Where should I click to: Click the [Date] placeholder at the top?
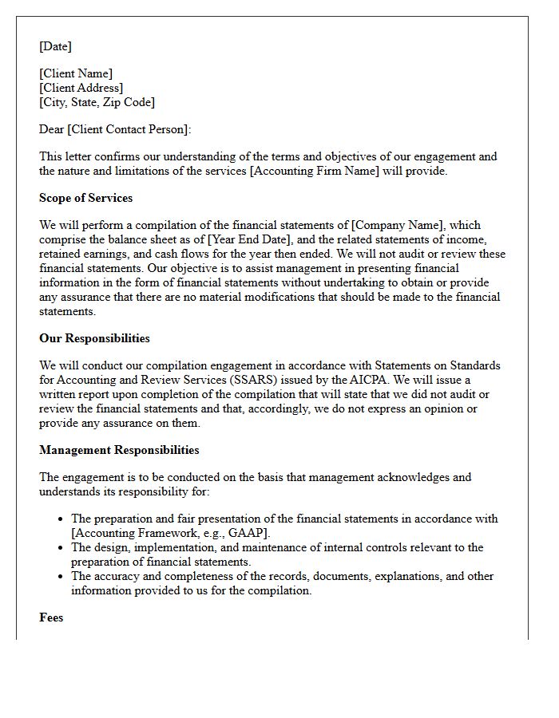(x=55, y=46)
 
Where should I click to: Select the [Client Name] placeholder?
(x=76, y=73)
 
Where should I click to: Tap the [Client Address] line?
(x=81, y=88)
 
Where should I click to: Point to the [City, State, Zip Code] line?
(x=97, y=102)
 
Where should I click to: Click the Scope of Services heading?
(x=85, y=198)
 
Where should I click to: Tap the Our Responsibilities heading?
(x=94, y=338)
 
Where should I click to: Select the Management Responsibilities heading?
(x=119, y=450)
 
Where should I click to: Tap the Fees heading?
(x=51, y=617)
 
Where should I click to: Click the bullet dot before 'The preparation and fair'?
(x=61, y=519)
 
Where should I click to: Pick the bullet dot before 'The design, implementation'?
(x=61, y=548)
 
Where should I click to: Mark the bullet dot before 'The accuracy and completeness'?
(x=61, y=577)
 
